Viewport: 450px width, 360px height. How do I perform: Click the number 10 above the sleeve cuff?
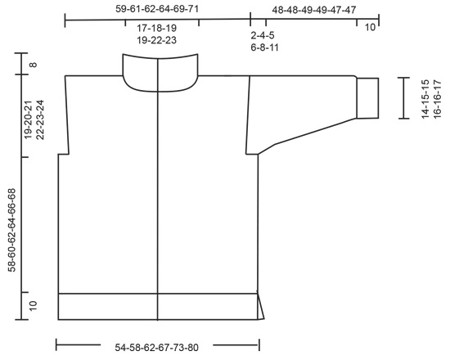point(370,27)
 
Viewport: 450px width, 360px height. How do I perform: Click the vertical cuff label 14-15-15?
point(425,99)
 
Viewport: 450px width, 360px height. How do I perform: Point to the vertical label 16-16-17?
point(437,99)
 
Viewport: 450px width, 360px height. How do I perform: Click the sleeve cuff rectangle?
point(367,98)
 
